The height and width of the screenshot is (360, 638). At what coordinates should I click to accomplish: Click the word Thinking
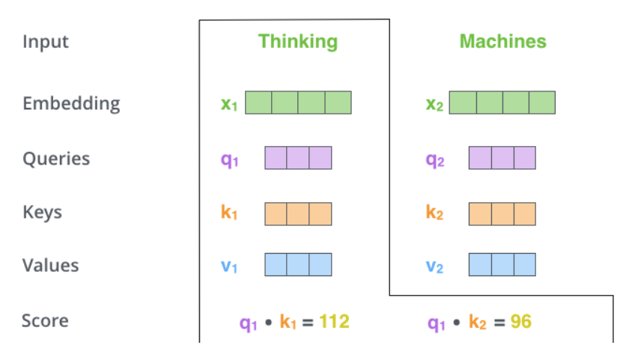pos(298,41)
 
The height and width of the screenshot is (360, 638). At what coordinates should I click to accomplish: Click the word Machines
pos(502,41)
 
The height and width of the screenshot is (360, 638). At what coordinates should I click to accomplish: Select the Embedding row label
pos(71,103)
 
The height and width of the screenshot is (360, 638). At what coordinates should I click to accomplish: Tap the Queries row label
pos(56,159)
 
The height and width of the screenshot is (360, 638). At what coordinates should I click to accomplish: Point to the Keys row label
pos(42,213)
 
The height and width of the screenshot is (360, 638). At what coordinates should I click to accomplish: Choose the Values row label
pos(50,266)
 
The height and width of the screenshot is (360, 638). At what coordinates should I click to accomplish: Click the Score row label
pos(45,321)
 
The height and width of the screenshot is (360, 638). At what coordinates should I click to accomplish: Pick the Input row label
pos(46,41)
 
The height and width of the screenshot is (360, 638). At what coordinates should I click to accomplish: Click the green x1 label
pos(229,104)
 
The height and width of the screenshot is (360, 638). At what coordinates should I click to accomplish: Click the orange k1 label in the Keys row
pos(229,213)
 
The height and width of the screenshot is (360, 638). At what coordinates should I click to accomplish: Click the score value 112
pos(334,322)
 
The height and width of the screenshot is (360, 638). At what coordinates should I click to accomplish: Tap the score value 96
pos(521,322)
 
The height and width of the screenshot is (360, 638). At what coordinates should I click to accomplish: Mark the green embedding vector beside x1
pos(298,103)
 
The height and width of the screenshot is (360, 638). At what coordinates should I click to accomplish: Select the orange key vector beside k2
pos(502,213)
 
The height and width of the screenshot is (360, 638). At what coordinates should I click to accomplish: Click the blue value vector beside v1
pos(298,265)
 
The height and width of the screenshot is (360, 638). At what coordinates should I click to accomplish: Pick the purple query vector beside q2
pos(502,158)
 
